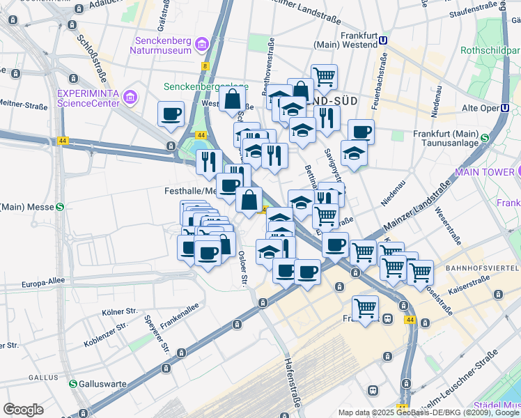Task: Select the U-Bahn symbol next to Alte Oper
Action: (506, 109)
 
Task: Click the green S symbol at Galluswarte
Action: (73, 384)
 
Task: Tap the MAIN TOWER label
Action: (484, 171)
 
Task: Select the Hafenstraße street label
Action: (293, 376)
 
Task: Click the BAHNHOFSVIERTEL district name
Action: (483, 268)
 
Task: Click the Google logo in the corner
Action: (23, 409)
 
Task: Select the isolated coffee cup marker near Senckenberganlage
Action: (171, 114)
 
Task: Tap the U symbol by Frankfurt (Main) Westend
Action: (383, 41)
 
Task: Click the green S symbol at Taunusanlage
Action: (484, 136)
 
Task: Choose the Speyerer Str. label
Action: (156, 334)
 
